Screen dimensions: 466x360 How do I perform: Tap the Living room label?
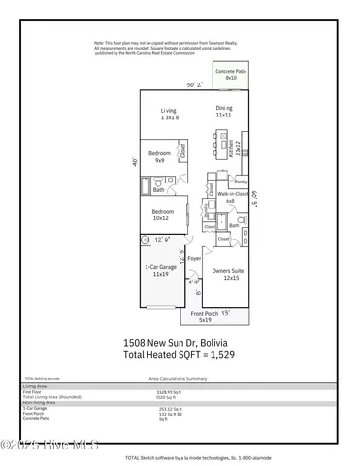point(171,115)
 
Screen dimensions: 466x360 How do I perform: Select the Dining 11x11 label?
point(225,115)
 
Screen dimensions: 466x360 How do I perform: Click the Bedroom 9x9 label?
point(160,156)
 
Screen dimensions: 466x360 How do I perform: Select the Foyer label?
point(193,259)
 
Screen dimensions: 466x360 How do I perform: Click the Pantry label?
point(240,181)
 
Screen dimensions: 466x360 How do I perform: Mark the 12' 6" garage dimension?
point(163,239)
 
